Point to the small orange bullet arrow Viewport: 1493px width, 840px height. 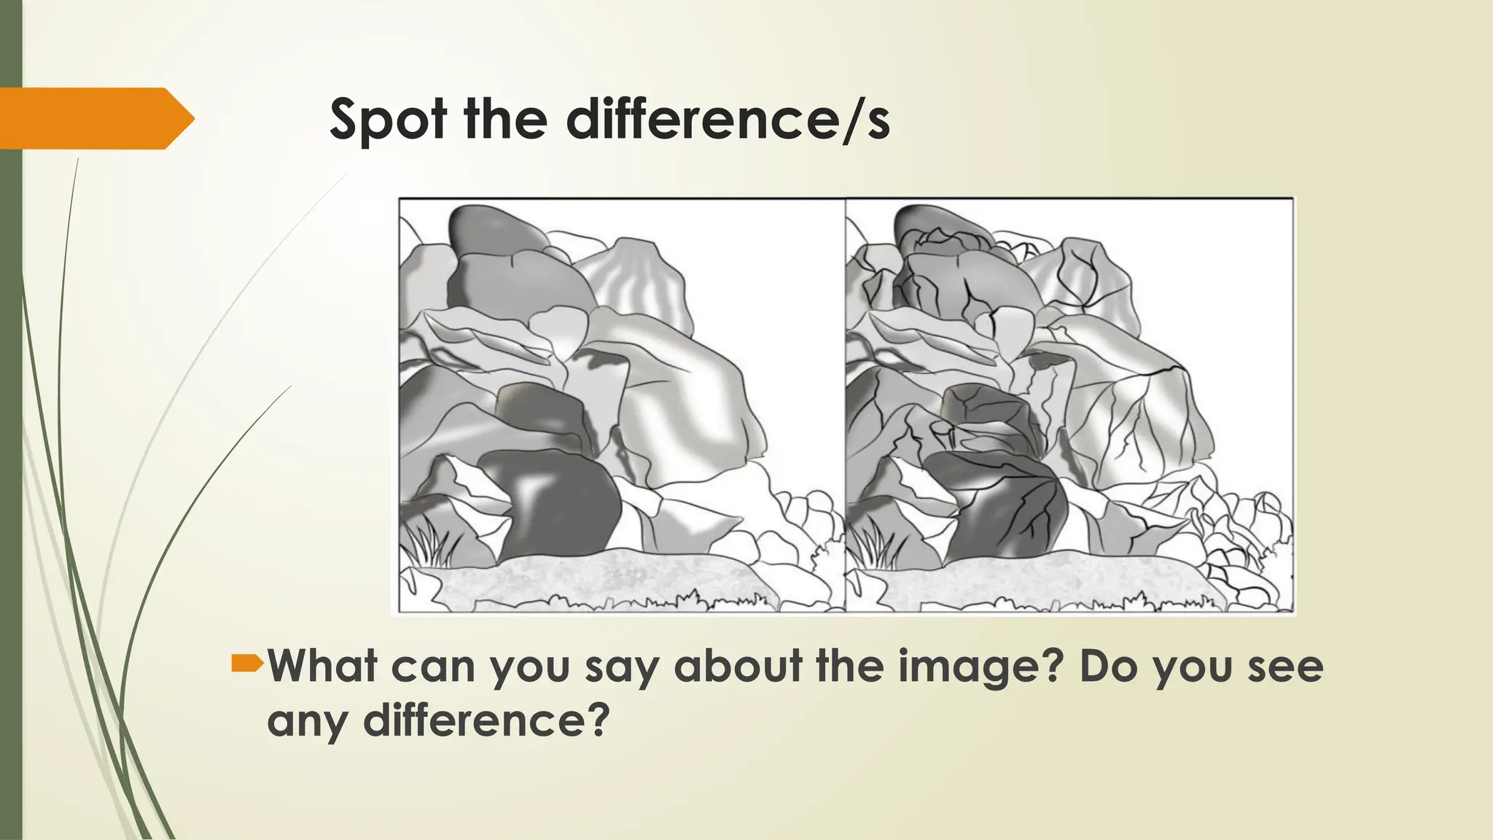(247, 663)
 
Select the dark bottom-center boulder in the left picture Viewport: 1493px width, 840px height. (558, 503)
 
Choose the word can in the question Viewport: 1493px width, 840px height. (433, 667)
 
